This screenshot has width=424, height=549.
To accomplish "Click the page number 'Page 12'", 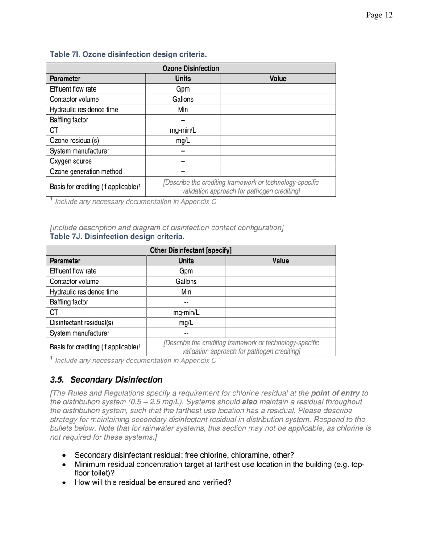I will pos(379,16).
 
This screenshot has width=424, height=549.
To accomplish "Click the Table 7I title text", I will pos(128,54).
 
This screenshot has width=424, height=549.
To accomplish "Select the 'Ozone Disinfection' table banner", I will pos(191,68).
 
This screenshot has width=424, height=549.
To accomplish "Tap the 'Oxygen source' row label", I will pos(71,161).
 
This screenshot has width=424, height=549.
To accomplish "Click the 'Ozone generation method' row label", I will pos(86,171).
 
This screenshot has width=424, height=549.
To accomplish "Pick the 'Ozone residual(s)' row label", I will pos(75,141).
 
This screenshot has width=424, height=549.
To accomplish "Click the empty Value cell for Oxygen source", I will pos(278,161).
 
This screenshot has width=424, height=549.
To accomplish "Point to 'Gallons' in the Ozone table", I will pos(183,100).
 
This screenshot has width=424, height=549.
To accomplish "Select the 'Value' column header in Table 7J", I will pos(280,261).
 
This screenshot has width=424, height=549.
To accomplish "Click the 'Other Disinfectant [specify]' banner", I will pos(191,250).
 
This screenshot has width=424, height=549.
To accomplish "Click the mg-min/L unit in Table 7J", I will pos(186,312).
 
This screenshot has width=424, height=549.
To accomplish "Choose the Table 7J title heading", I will pos(117,237).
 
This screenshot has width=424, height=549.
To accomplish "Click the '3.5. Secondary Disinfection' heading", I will pos(106,380).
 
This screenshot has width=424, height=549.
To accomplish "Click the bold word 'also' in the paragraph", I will pos(249,402).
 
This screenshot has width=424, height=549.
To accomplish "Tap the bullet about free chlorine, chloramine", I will pos(184,455).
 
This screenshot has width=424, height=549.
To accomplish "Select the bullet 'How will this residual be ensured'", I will pos(153,482).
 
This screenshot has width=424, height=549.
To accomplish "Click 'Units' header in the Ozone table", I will pos(183,79).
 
